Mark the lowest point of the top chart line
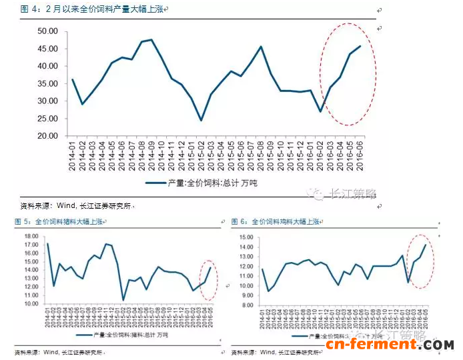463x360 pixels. (201, 120)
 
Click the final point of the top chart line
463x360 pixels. (360, 46)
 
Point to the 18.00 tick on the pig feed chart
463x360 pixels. (31, 236)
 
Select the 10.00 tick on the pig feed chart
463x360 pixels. (31, 303)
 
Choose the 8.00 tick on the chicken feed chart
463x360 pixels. (248, 305)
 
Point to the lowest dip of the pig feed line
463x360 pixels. (123, 299)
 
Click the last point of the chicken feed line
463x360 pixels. (425, 245)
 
